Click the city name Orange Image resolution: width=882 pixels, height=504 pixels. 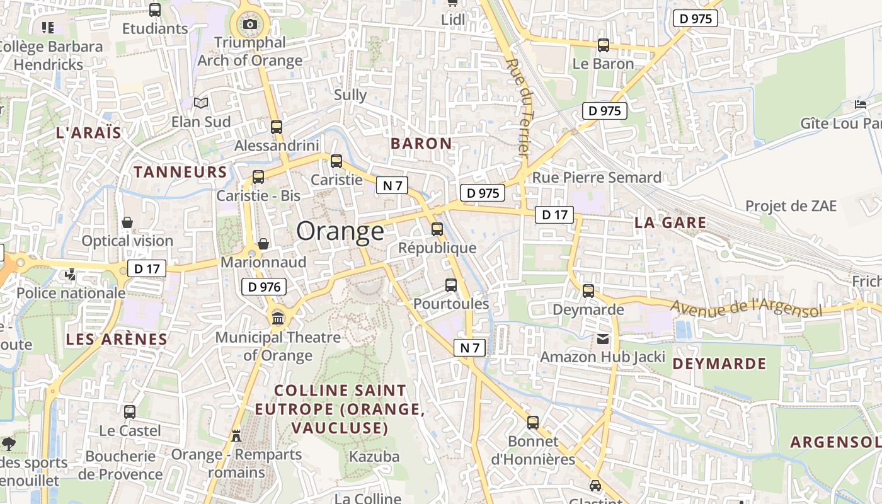(x=340, y=231)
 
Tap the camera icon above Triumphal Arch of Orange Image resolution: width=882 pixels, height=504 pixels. (x=250, y=25)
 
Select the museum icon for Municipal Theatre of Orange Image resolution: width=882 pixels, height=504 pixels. (x=278, y=318)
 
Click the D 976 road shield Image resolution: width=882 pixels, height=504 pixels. (x=264, y=287)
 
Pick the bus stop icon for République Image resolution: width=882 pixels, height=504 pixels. (x=437, y=229)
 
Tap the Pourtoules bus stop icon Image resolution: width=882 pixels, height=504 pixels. (x=451, y=285)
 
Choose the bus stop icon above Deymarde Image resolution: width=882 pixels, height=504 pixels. (x=588, y=291)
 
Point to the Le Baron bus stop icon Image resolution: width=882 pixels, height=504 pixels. (x=604, y=45)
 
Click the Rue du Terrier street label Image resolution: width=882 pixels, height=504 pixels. (x=520, y=107)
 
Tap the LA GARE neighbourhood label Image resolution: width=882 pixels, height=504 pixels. (x=670, y=222)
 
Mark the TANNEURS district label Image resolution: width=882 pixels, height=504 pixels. (x=180, y=172)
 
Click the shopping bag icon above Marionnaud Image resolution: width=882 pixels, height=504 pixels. (x=263, y=244)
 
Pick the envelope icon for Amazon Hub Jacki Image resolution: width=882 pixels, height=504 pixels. (x=603, y=340)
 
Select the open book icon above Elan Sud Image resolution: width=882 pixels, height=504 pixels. (x=201, y=103)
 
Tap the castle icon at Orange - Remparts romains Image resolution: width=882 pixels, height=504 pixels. (x=236, y=436)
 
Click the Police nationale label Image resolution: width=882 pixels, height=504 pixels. (x=71, y=293)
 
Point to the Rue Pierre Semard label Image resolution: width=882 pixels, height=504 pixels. (x=597, y=178)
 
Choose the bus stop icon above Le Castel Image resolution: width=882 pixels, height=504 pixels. (x=130, y=412)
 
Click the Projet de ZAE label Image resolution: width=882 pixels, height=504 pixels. (x=791, y=206)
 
